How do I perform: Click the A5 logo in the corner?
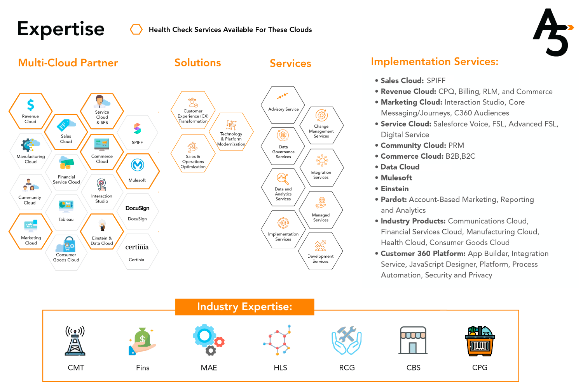coord(552,33)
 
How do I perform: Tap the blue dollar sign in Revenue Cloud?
coord(30,105)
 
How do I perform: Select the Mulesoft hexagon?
coord(137,171)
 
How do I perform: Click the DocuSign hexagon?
coord(137,212)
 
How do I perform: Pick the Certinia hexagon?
coord(137,252)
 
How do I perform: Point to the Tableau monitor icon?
coord(66,206)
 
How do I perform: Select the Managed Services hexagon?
coord(321,210)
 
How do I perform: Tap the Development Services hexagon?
coord(320,251)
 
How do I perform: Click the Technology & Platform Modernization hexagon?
coord(231,132)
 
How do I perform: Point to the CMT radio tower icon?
coord(75,341)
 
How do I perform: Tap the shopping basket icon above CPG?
coord(480,341)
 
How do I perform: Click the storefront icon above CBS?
coord(413,340)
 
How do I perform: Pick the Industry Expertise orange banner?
coord(244,307)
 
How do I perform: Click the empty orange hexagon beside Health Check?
coord(136,29)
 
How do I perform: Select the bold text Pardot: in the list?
coord(394,199)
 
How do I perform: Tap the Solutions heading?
coord(197,63)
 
